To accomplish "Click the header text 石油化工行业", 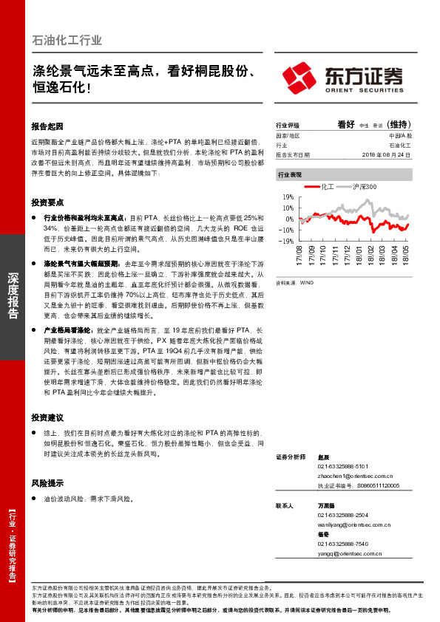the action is pos(67,41).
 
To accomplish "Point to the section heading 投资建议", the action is pos(48,417).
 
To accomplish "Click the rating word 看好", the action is pos(346,125).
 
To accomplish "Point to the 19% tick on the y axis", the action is pos(288,197).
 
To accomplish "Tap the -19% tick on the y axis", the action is pos(287,240).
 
